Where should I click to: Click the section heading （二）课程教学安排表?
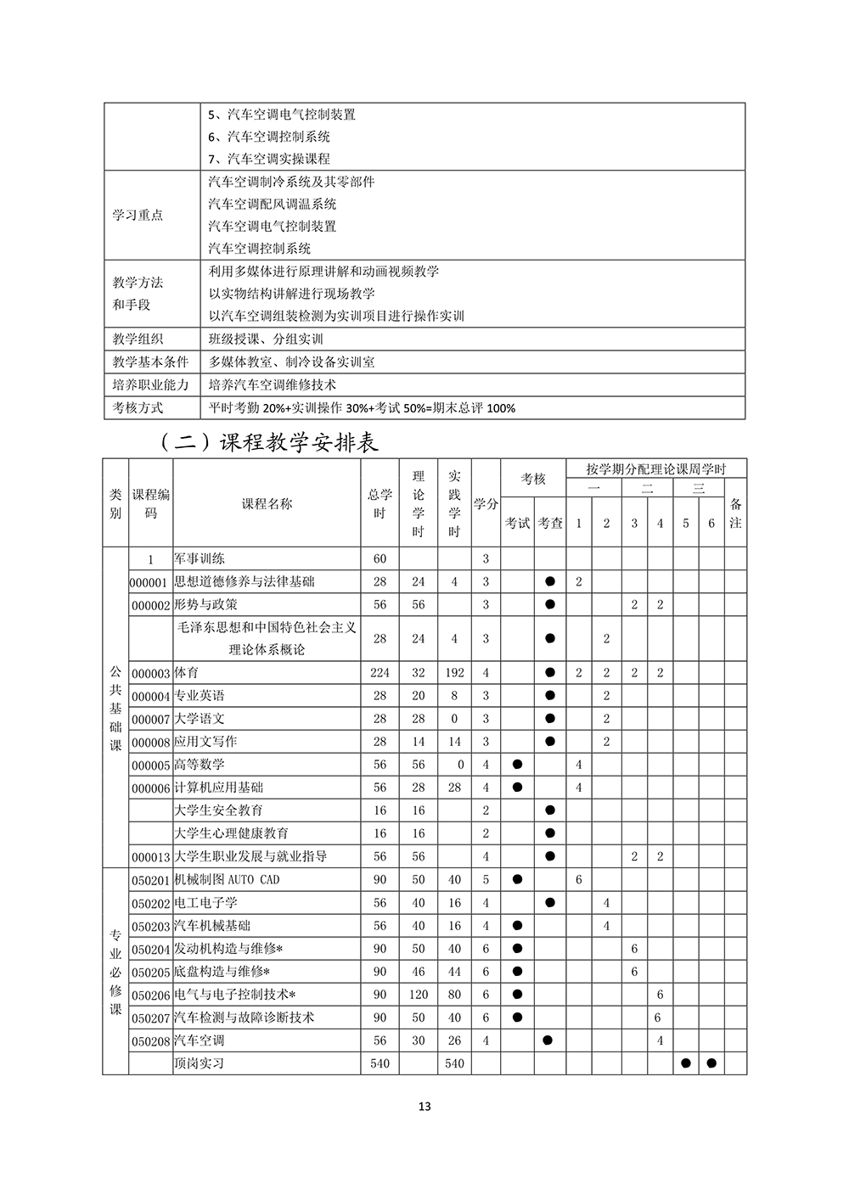(268, 443)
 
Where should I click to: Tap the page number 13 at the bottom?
(424, 1107)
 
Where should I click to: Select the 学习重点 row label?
(138, 215)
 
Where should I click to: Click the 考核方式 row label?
(138, 407)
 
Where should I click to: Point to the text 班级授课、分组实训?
(266, 339)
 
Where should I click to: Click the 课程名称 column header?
(267, 503)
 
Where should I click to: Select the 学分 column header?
(486, 503)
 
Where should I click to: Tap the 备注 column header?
(735, 513)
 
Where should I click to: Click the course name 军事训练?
(200, 558)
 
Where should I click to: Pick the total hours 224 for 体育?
(380, 672)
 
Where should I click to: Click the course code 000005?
(151, 765)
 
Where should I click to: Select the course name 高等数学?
(200, 765)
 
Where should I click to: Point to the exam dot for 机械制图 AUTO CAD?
(517, 879)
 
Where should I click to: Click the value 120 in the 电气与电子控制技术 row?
(419, 994)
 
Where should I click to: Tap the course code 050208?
(151, 1040)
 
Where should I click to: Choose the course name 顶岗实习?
(200, 1063)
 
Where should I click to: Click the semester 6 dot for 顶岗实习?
(711, 1063)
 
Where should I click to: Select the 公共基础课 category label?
(115, 707)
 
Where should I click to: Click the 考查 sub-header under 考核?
(550, 523)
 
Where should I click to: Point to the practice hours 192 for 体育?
(454, 672)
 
